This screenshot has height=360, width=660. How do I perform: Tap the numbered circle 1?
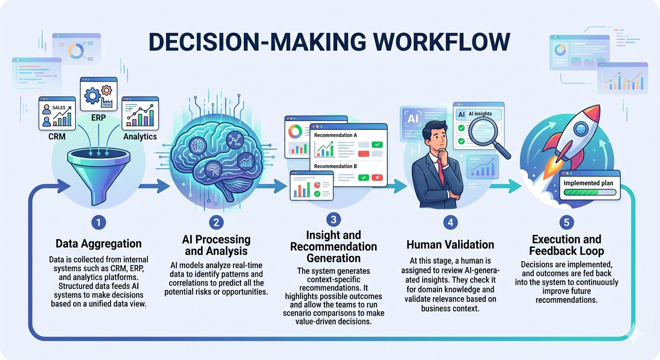tap(98, 223)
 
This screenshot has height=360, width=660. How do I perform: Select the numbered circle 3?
tap(333, 219)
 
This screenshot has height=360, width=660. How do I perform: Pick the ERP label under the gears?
tap(98, 118)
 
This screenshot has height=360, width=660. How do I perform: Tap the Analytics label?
tap(140, 137)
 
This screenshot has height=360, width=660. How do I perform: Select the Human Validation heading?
tap(450, 244)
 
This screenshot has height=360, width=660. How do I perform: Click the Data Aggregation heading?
tap(98, 244)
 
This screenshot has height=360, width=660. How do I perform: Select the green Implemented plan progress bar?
tap(590, 192)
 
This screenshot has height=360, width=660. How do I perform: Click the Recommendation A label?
tap(336, 135)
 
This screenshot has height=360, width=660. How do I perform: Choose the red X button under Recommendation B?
tap(376, 178)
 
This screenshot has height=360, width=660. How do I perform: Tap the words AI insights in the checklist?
tap(480, 114)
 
